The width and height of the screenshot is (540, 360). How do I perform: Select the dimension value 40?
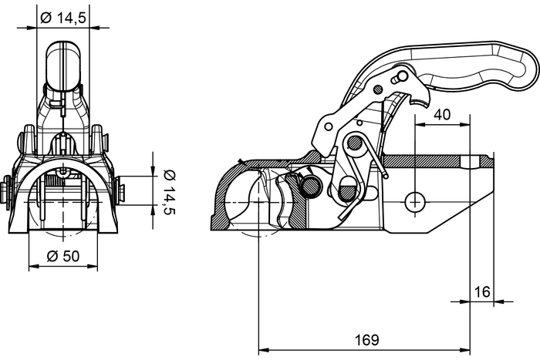click(442, 113)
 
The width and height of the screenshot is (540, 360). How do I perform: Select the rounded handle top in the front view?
click(63, 58)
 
